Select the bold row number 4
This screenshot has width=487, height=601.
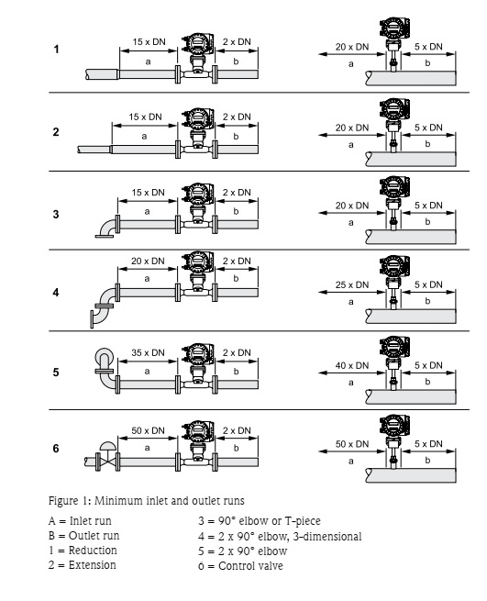point(56,295)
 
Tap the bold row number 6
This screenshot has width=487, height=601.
point(56,450)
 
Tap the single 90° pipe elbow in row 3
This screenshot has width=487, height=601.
point(107,226)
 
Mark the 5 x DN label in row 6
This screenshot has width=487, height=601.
point(428,442)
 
